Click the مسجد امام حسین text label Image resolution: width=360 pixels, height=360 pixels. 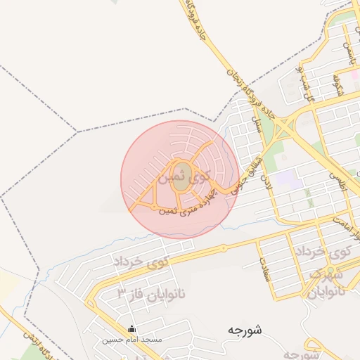pos(131,340)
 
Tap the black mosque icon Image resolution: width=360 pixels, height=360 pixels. pos(131,328)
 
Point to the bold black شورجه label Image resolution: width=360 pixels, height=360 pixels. pos(245,330)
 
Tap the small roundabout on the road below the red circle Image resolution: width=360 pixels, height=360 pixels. pos(224,247)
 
